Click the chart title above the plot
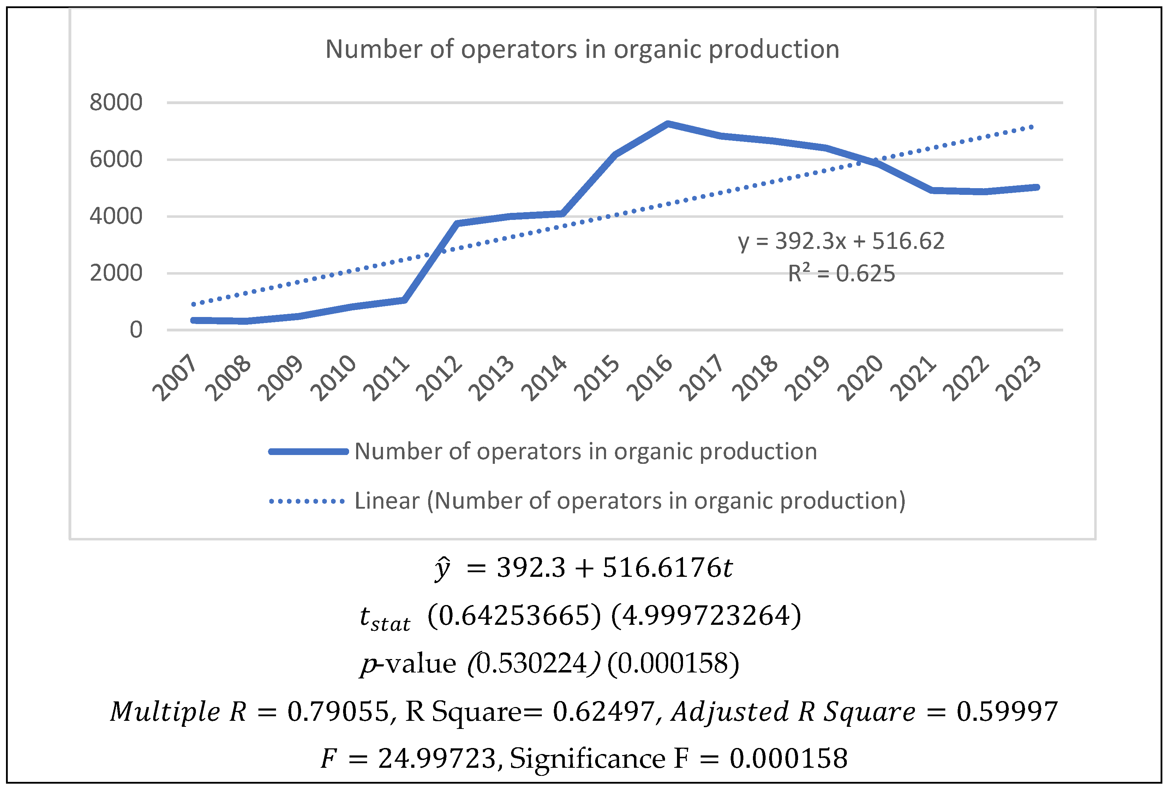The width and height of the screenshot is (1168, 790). tap(582, 49)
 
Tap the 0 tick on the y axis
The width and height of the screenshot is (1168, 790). tap(136, 330)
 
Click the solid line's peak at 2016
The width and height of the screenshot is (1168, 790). tap(667, 124)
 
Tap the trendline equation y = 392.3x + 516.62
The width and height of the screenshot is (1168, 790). tap(841, 241)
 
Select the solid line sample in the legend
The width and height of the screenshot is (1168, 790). tap(308, 451)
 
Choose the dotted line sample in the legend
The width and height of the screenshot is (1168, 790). tap(307, 501)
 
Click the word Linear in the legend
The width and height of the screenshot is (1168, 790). tap(387, 501)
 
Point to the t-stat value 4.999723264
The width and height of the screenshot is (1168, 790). tap(706, 616)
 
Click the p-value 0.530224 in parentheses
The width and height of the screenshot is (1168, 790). tap(532, 663)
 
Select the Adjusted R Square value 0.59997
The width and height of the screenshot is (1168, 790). tap(1007, 712)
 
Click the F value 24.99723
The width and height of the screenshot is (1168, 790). tap(437, 758)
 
